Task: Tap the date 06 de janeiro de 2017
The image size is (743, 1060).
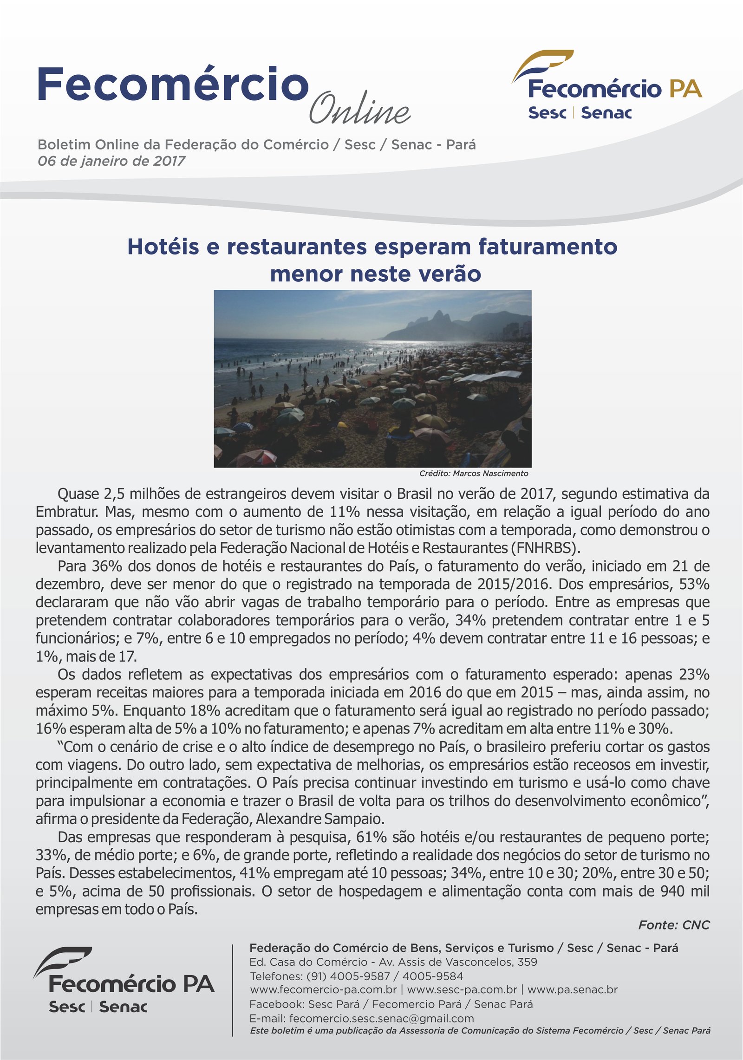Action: tap(111, 161)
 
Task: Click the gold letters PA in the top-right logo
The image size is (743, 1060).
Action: tap(685, 89)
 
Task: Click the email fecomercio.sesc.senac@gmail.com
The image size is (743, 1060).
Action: tap(381, 1018)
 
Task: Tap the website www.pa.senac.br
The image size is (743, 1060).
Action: tap(572, 989)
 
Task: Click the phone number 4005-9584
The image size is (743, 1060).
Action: tap(432, 975)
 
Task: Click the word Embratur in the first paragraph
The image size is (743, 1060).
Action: tap(67, 512)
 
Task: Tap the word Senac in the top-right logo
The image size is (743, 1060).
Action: tap(606, 113)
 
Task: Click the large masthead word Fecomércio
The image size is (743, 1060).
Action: tap(173, 85)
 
